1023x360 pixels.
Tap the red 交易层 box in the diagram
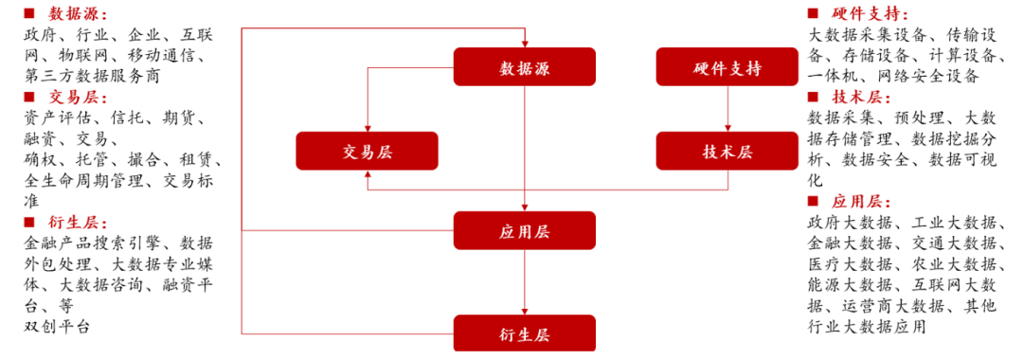(367, 151)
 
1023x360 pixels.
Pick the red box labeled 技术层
(727, 151)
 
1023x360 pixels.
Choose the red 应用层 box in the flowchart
(524, 230)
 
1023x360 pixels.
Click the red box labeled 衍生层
(524, 333)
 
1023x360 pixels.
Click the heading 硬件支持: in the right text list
(870, 14)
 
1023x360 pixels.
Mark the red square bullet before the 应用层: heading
(813, 202)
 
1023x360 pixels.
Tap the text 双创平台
(58, 327)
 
